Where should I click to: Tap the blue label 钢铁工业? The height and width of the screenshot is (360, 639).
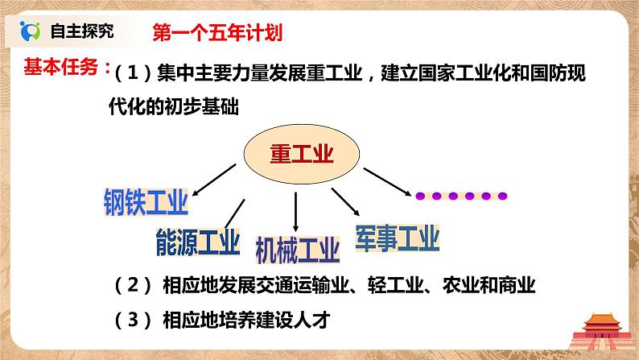[x=146, y=201]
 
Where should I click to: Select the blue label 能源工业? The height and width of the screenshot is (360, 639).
[x=197, y=241]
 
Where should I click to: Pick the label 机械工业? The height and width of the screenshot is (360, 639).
[x=297, y=249]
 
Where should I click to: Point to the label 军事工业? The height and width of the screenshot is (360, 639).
[x=397, y=238]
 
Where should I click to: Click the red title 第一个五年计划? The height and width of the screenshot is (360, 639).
[x=217, y=33]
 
